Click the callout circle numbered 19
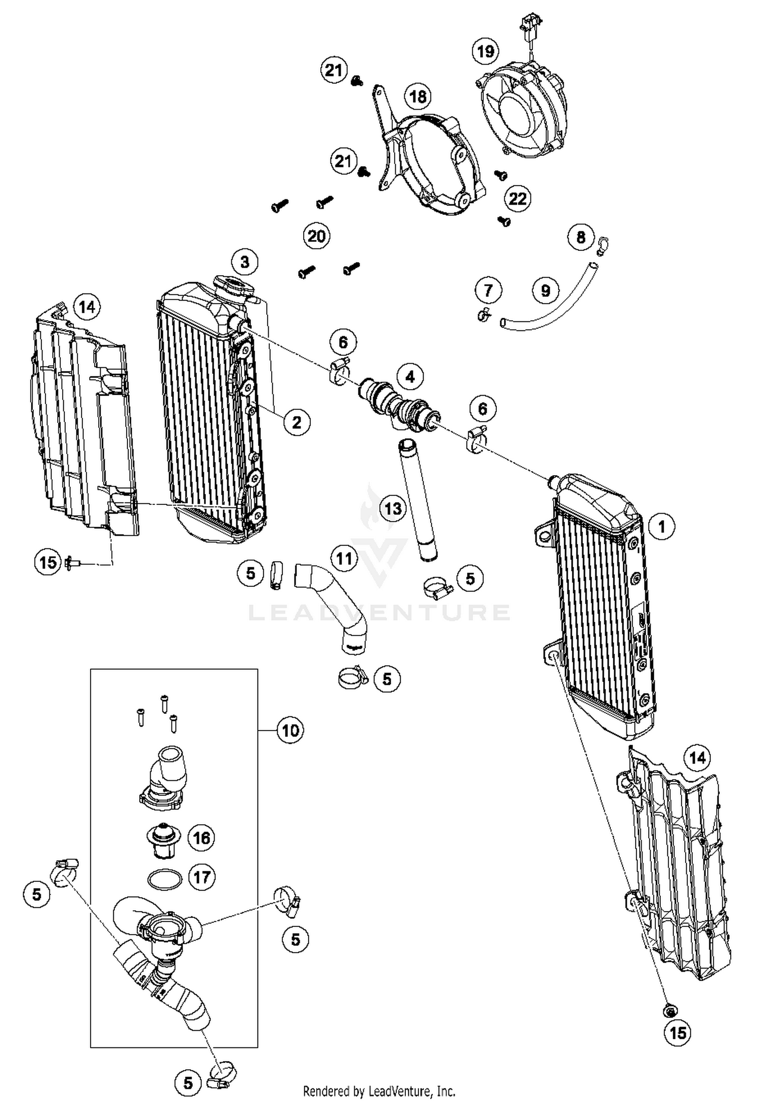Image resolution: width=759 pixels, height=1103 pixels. pyautogui.click(x=485, y=51)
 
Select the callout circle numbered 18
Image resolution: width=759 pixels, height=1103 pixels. pyautogui.click(x=418, y=96)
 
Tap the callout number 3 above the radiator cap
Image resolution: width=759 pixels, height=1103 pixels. pyautogui.click(x=245, y=262)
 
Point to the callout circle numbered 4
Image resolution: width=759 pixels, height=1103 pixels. pyautogui.click(x=410, y=376)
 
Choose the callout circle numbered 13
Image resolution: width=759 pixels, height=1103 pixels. pyautogui.click(x=393, y=508)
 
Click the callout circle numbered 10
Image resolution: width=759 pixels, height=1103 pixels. pyautogui.click(x=290, y=730)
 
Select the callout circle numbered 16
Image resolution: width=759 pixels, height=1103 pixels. pyautogui.click(x=201, y=838)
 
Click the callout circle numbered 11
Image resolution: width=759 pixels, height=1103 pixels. pyautogui.click(x=344, y=558)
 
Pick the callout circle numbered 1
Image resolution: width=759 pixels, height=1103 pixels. pyautogui.click(x=661, y=527)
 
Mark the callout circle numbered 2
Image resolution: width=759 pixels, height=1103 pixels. pyautogui.click(x=297, y=421)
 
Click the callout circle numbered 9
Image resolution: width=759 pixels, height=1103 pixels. pyautogui.click(x=545, y=290)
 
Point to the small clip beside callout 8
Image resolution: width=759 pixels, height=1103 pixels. pyautogui.click(x=603, y=246)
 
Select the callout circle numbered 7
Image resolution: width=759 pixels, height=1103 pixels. pyautogui.click(x=488, y=290)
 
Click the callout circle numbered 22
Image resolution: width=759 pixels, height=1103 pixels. pyautogui.click(x=517, y=199)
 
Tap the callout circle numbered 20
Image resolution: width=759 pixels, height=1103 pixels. pyautogui.click(x=317, y=236)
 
